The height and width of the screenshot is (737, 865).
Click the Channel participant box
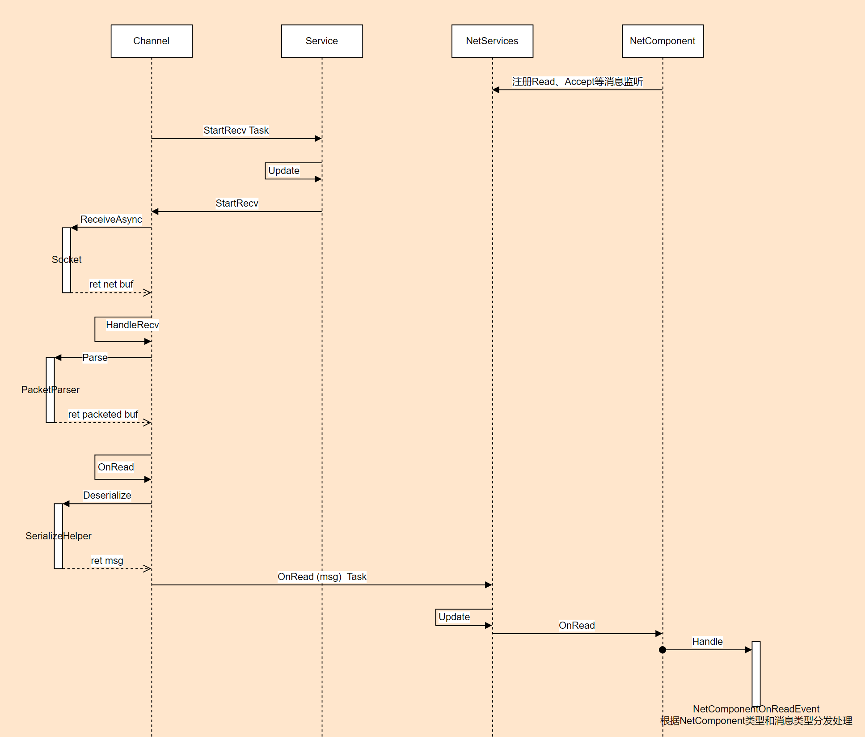pos(152,41)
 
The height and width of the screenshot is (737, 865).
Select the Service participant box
pos(322,41)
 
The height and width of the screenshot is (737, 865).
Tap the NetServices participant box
pos(492,41)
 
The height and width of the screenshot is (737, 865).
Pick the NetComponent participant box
pos(662,41)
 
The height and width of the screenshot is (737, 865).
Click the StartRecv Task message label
pos(236,130)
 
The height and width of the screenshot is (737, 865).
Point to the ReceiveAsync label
pos(111,219)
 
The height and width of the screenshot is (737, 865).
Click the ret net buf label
pos(111,284)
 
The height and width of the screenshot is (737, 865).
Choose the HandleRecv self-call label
pos(132,325)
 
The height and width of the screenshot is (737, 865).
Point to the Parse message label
pos(95,357)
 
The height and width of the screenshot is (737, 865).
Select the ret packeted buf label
pos(103,414)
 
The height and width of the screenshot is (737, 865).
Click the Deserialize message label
pos(107,495)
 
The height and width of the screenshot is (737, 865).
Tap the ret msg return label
pos(107,560)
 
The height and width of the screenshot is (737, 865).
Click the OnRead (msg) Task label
pos(322,576)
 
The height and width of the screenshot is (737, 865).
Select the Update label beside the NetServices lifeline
pos(454,617)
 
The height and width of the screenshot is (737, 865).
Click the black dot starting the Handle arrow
pos(662,650)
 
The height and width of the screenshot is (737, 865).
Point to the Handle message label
pos(707,641)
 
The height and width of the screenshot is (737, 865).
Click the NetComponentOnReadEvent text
pos(756,709)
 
